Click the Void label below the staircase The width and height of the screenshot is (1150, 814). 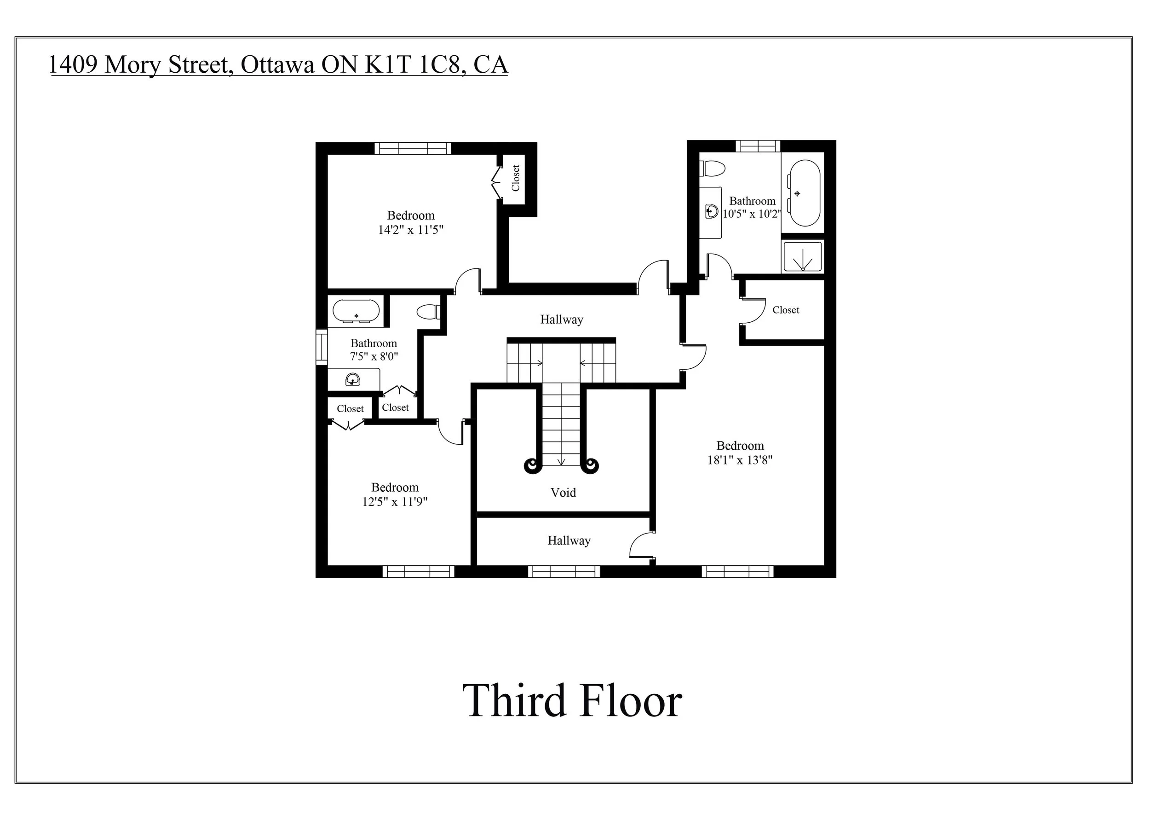coord(563,493)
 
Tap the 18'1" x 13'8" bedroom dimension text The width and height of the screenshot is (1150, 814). coord(740,460)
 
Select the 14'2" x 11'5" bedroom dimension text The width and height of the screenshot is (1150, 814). coord(411,230)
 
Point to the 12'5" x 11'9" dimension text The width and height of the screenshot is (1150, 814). coord(395,502)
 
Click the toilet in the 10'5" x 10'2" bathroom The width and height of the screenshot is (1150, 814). coord(712,169)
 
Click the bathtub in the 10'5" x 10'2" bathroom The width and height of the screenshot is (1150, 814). coord(805,193)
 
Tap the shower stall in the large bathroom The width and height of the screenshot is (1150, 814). coord(802,256)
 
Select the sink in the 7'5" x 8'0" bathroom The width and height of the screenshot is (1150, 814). coord(353,379)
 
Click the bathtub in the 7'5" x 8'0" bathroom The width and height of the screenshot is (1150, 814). coord(356,311)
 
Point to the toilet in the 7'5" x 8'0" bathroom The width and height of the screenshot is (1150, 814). coord(428,312)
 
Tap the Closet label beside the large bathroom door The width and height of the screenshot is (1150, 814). coord(785,310)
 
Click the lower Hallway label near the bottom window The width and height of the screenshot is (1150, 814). coord(569,541)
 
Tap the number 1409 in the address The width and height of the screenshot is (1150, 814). coord(73,64)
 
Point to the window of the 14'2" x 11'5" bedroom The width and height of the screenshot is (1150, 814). coord(413,148)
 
